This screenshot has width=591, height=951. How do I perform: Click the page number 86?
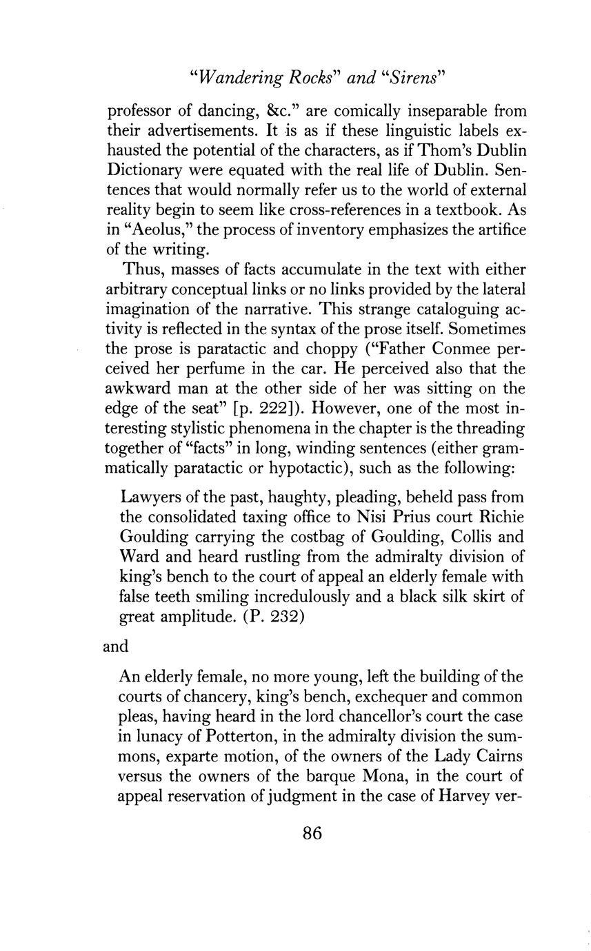click(x=312, y=832)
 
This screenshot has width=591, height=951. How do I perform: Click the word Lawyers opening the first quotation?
click(x=149, y=497)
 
